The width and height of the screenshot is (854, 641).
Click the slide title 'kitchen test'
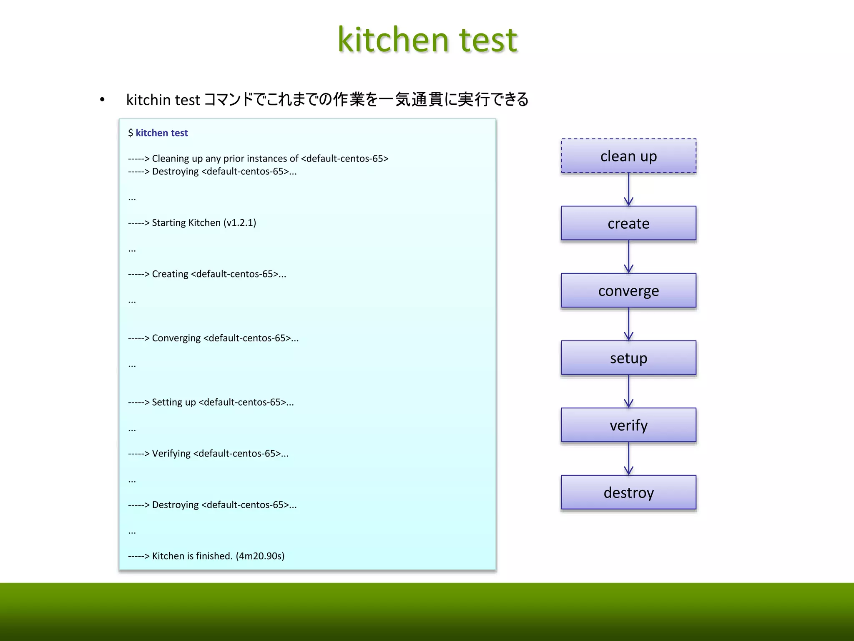427,40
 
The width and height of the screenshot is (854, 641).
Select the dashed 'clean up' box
628,156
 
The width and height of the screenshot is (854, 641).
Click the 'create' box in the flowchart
628,223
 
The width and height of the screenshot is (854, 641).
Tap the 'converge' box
628,290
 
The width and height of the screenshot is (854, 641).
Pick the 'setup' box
628,358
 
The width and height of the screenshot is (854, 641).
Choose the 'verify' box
628,425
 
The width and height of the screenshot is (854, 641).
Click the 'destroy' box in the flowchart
628,492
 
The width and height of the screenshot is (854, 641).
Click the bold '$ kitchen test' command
158,133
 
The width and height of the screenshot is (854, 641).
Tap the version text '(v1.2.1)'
240,222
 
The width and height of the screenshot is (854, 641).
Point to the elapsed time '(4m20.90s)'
260,556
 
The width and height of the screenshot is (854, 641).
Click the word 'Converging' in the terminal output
176,338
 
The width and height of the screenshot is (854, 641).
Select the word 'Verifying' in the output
171,453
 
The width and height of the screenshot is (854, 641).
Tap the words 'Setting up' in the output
173,402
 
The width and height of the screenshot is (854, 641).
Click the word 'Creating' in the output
170,274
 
